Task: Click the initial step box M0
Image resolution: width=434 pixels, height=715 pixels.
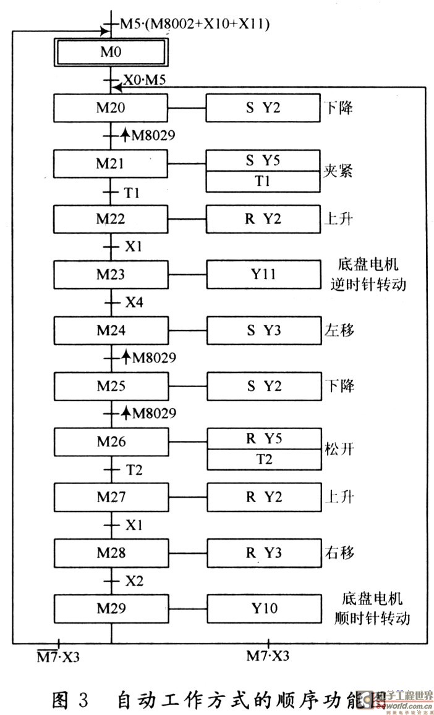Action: [110, 52]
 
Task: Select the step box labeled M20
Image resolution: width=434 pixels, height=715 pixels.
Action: [111, 107]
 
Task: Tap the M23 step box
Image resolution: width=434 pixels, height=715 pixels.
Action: [111, 275]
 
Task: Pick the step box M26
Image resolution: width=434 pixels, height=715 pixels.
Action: [111, 441]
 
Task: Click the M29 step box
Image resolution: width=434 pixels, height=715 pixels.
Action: [111, 608]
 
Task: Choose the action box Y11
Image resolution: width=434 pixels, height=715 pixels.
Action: [263, 275]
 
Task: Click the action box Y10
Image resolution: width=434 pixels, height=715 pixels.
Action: [264, 608]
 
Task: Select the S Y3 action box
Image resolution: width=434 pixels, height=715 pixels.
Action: [263, 330]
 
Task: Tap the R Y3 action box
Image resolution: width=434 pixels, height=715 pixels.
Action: [264, 553]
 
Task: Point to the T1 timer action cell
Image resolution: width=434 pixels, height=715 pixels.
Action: [263, 182]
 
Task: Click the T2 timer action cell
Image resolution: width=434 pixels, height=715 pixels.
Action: [264, 459]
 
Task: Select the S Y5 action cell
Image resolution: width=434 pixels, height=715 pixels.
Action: [263, 161]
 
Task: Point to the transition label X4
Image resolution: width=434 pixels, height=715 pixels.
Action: [134, 303]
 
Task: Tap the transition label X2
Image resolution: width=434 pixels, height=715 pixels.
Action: [134, 580]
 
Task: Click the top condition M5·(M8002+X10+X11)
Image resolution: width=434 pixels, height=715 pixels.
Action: [194, 23]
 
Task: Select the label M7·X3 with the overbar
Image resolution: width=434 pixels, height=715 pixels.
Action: [57, 656]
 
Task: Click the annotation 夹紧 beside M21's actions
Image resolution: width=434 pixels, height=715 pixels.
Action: [339, 172]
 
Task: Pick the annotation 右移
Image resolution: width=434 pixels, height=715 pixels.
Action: [339, 553]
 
